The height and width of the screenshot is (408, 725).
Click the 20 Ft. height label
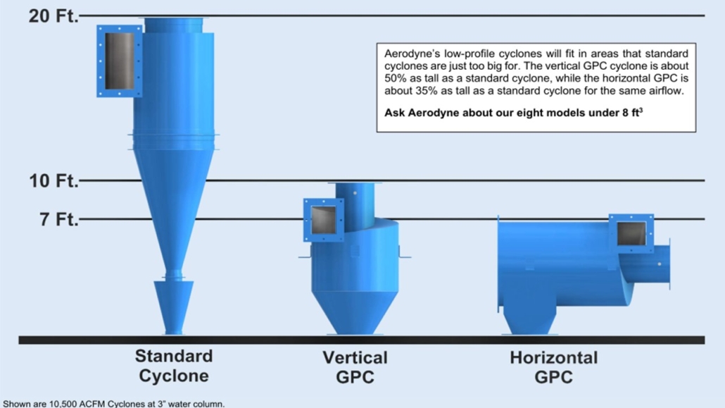click(53, 16)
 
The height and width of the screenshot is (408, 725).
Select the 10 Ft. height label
click(53, 180)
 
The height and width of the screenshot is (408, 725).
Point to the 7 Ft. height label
click(58, 219)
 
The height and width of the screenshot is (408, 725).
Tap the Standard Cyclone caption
click(174, 366)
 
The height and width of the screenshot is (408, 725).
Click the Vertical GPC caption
click(355, 367)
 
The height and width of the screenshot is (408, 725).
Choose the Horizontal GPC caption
click(553, 367)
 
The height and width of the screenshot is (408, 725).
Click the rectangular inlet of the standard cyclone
click(119, 61)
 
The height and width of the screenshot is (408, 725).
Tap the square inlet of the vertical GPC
click(324, 220)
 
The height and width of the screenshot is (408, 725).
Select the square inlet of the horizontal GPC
click(631, 233)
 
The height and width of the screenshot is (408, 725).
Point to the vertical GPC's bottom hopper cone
click(355, 313)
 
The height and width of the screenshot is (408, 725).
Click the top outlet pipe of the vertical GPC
click(355, 204)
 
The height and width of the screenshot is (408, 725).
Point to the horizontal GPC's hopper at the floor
click(529, 319)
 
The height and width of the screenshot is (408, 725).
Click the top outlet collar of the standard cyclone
click(173, 25)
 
